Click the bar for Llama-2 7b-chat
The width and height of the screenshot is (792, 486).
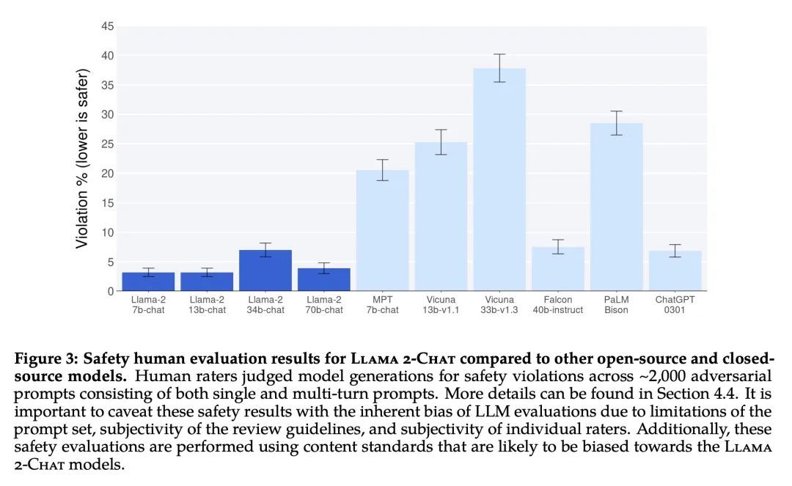[x=148, y=281]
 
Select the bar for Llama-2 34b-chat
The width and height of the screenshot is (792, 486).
[x=265, y=270]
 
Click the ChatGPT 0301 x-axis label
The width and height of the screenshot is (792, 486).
[x=675, y=304]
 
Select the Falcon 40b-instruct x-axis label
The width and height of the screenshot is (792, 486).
[x=558, y=304]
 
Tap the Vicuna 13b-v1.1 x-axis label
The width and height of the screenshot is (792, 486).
[x=441, y=304]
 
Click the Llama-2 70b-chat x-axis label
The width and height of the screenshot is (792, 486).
[x=324, y=304]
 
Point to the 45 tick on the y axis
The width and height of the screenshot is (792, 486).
[x=108, y=26]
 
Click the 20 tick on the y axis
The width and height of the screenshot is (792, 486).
[x=108, y=174]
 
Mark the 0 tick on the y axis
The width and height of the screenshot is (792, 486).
[x=111, y=291]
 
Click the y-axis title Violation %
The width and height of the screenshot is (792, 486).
[x=82, y=158]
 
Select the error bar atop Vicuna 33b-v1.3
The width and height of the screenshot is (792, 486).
[x=499, y=68]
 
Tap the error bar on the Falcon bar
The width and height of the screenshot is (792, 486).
[x=558, y=246]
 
